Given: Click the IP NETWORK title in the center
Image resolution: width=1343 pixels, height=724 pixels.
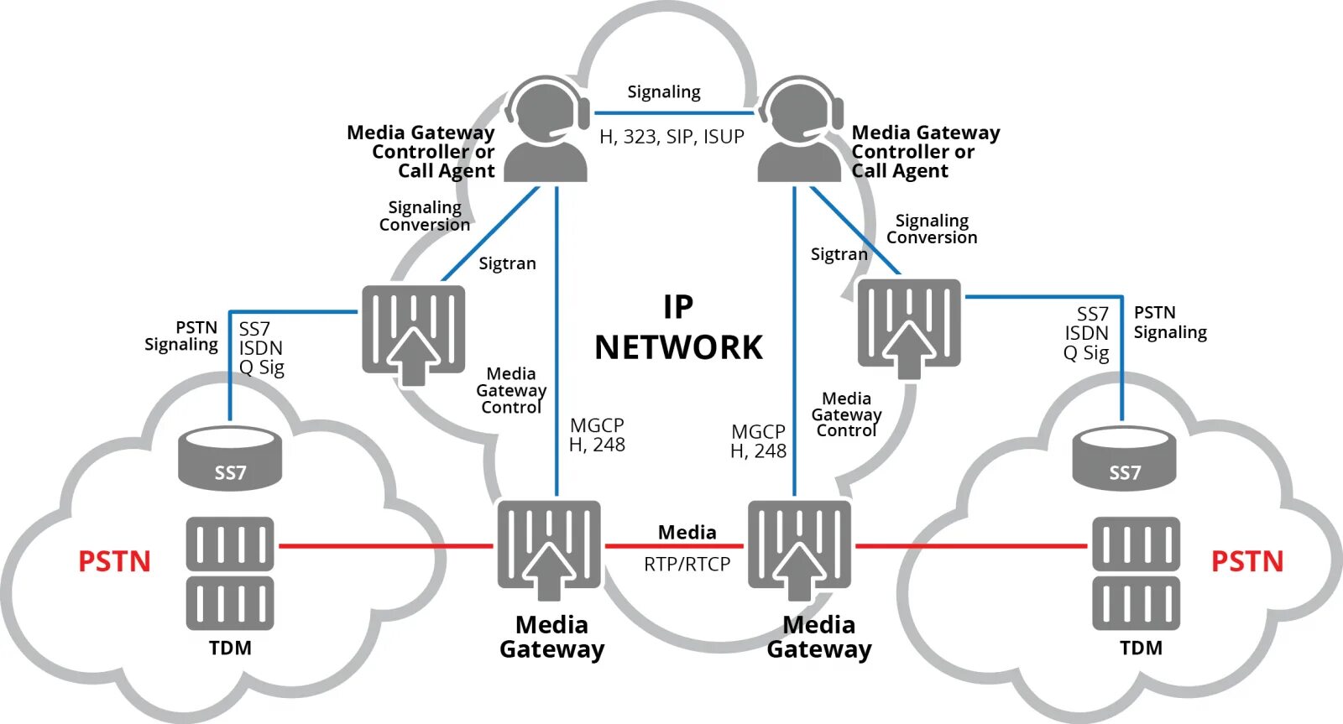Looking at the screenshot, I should point(678,328).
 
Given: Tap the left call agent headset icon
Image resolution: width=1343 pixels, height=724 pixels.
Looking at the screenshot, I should point(546,130).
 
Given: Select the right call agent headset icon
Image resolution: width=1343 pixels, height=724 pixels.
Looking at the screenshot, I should point(800,130).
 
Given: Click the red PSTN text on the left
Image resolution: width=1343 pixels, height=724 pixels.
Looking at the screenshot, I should point(114,561).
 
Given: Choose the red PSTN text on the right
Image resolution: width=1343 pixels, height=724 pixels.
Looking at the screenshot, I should point(1246,561).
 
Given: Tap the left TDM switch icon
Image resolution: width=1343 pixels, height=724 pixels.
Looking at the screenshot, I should point(230,573).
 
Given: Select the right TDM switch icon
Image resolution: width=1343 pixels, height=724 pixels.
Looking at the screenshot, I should point(1136,573).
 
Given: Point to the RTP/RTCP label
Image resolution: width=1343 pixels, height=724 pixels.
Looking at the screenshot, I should point(687,565).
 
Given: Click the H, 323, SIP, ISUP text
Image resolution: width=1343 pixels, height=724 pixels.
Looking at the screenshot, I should point(671,137).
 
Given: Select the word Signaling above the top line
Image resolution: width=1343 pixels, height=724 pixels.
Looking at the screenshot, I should point(664,91).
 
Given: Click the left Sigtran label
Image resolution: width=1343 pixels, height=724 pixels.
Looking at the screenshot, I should point(507,263).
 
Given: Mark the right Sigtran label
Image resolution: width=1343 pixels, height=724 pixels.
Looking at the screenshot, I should point(839,254).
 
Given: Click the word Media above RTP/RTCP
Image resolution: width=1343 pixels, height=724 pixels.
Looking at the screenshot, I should point(687,533).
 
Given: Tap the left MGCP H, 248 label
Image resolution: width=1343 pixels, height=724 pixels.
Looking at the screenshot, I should point(597,435).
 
